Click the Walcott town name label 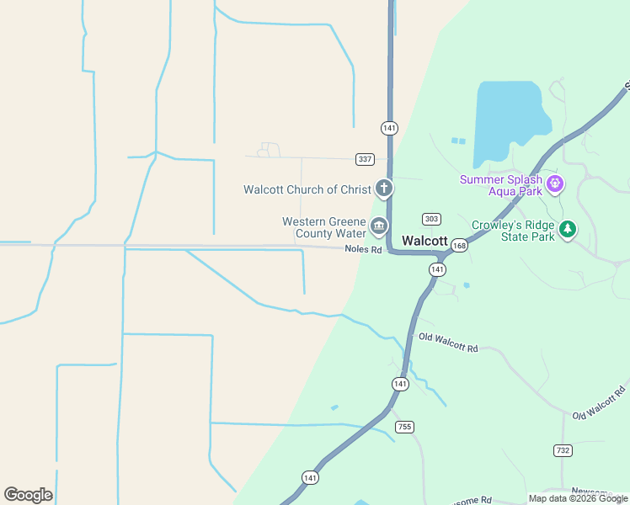coord(424,241)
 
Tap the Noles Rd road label coord(363,250)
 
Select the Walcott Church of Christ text coord(307,189)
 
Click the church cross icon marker coord(384,188)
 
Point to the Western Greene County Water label coord(324,227)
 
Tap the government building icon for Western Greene coord(379,226)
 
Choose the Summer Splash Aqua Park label coord(500,185)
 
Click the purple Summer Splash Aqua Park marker coord(554,183)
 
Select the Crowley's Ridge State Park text coord(513,231)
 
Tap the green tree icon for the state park coord(569,228)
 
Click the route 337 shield coord(365,159)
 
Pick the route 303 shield coord(431,219)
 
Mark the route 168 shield coord(459,246)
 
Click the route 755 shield coord(405,427)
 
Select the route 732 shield coord(563,450)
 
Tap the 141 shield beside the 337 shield coord(388,128)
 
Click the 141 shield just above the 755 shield coord(400,384)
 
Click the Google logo coord(28,495)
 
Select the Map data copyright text coord(578,498)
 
